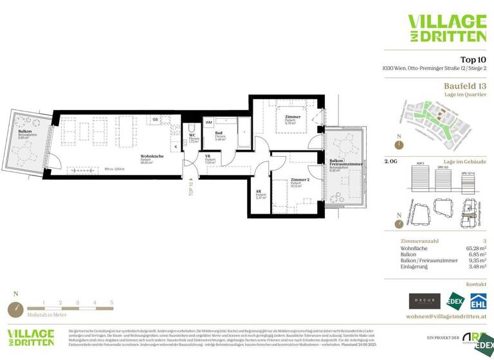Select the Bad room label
(x=218, y=133)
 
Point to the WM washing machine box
(x=209, y=122)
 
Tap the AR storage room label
(x=259, y=192)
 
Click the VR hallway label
(x=208, y=155)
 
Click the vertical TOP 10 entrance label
(x=191, y=187)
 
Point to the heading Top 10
(x=468, y=60)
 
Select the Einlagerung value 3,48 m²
(x=474, y=266)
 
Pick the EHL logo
(x=478, y=301)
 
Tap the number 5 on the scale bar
(x=111, y=301)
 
